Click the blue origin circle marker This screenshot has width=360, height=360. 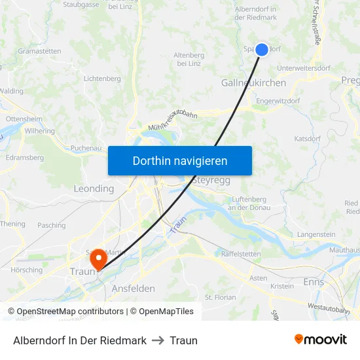(261, 50)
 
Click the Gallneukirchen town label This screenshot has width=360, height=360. (253, 83)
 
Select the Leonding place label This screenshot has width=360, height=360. (94, 189)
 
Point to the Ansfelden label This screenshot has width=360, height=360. (133, 289)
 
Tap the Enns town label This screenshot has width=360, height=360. (314, 281)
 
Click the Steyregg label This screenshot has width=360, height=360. (213, 180)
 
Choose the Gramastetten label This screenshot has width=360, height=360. (39, 51)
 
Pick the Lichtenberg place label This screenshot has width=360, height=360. (102, 79)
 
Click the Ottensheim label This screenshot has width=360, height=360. (24, 119)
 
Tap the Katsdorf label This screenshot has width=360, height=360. (308, 139)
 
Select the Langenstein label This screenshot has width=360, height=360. (316, 234)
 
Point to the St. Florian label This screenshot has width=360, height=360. (220, 297)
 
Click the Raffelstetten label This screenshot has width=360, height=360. (241, 254)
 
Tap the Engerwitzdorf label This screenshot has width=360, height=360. (278, 101)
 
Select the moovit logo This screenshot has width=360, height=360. (320, 339)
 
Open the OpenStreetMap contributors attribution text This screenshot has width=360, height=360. (67, 312)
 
